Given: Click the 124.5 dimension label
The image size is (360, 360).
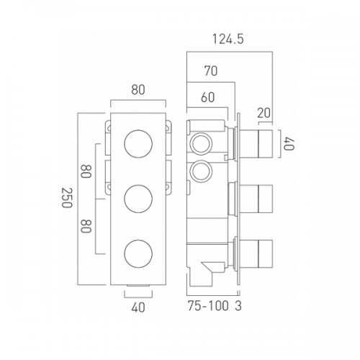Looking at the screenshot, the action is (228, 40).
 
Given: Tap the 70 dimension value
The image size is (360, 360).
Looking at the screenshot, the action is (211, 71).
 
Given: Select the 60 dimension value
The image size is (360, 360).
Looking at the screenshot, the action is (208, 97).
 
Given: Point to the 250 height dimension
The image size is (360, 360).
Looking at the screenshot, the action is (67, 197).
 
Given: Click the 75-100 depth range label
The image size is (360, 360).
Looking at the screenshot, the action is (208, 306).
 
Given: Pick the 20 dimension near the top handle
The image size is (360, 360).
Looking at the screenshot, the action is (264, 113).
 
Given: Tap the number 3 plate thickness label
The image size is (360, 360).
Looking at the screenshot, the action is (238, 306).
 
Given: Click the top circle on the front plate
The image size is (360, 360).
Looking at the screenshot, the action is (138, 144).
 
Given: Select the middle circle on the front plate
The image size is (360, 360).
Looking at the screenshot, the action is (138, 199).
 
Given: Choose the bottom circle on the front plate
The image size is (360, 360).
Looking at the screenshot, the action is (138, 253).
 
